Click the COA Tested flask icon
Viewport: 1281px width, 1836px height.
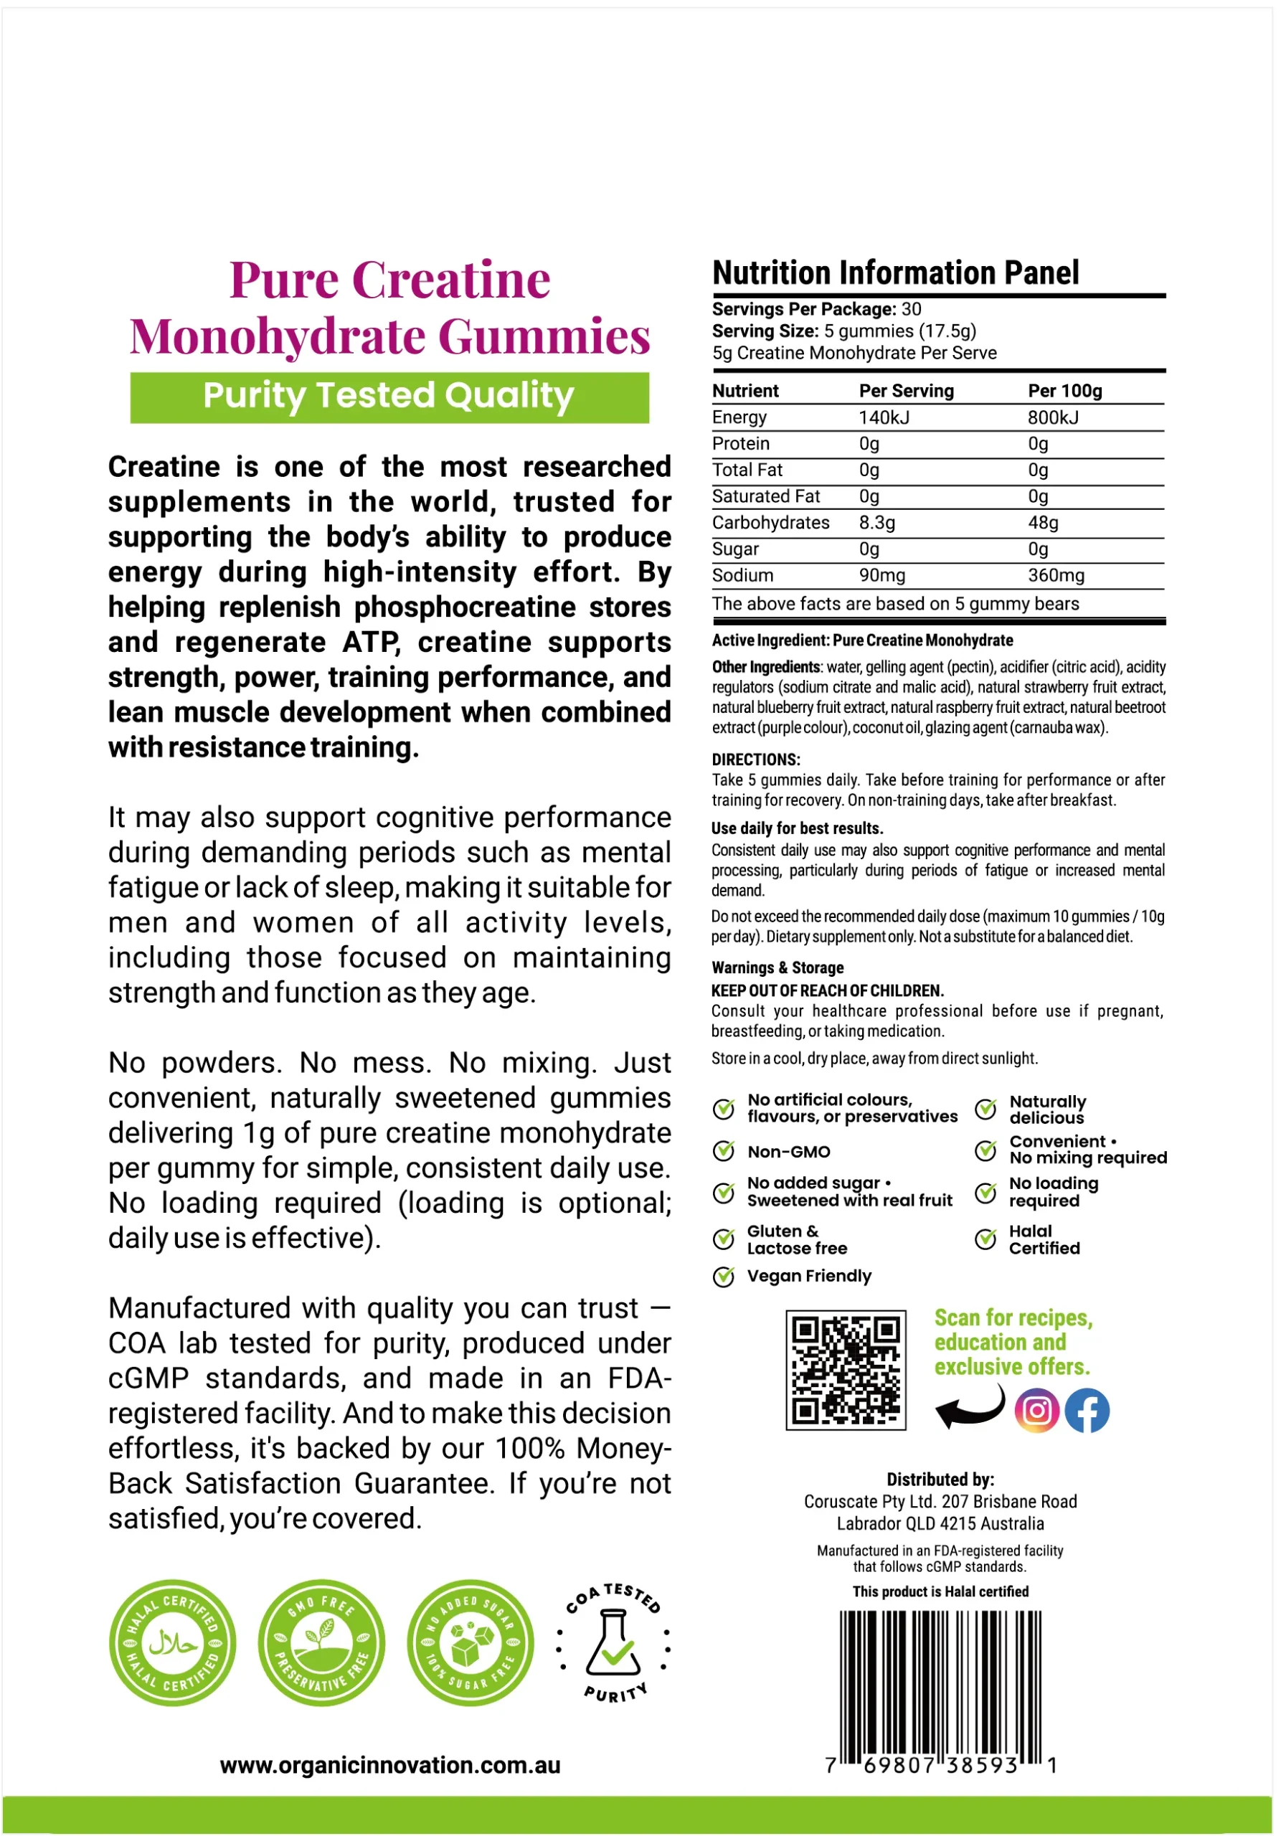coord(613,1644)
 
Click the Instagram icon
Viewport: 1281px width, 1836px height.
coord(1036,1410)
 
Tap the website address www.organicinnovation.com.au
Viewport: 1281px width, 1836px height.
coord(390,1765)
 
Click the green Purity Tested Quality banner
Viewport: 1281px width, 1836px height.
coord(389,397)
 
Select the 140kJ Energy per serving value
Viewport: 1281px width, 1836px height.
coord(884,417)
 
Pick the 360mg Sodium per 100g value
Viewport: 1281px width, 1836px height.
coord(1056,575)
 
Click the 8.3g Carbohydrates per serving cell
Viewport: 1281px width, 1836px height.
coord(876,523)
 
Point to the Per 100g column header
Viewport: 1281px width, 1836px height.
coord(1064,391)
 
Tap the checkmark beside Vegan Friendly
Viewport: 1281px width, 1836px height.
coord(724,1277)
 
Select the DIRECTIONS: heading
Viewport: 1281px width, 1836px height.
coord(756,760)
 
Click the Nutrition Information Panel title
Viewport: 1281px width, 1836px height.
coord(896,273)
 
